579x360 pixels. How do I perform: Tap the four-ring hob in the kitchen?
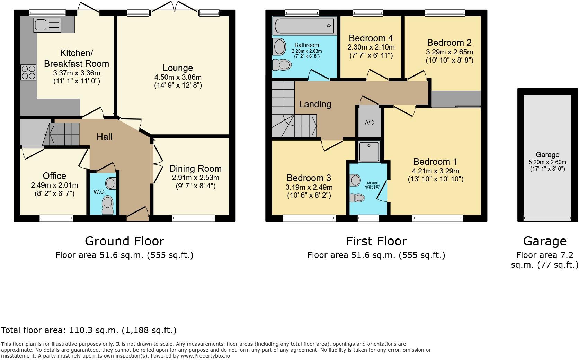[28, 72]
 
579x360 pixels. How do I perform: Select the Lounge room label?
[178, 68]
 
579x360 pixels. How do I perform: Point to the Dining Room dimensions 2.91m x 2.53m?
[195, 178]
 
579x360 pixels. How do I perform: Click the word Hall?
[104, 137]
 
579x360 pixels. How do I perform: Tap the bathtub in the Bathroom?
[304, 26]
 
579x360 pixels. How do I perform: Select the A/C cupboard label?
[369, 123]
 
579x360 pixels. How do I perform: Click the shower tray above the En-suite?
[369, 152]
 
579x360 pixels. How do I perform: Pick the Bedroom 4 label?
[371, 38]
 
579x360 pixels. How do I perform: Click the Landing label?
[315, 104]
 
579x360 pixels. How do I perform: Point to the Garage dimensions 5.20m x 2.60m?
[547, 162]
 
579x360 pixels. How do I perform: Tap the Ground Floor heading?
[124, 241]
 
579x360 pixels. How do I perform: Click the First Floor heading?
[376, 241]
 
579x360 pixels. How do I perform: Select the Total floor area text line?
[89, 330]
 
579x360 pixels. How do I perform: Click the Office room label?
[54, 176]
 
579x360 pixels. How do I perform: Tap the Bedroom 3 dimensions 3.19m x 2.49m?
[309, 187]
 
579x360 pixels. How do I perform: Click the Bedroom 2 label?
[449, 43]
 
